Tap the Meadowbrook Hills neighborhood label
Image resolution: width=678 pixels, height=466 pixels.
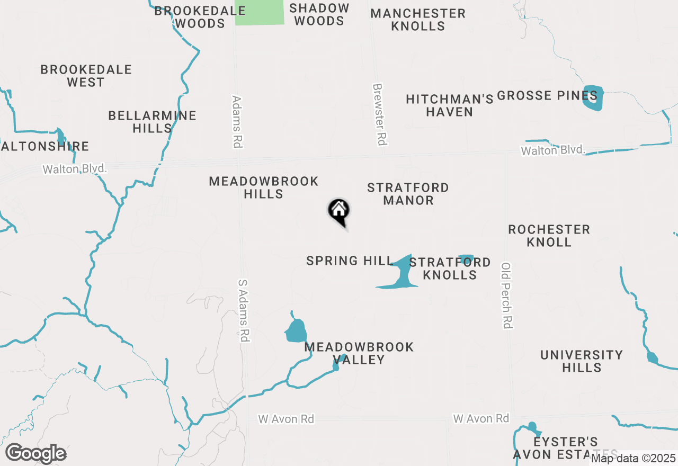pyautogui.click(x=264, y=188)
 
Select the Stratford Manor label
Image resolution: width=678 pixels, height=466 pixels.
pyautogui.click(x=408, y=194)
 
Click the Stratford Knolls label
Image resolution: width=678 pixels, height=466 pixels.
pyautogui.click(x=450, y=268)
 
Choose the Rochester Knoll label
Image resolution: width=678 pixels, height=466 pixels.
pyautogui.click(x=549, y=236)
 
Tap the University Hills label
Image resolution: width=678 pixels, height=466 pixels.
pyautogui.click(x=582, y=361)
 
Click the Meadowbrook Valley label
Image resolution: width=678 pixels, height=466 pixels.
pyautogui.click(x=359, y=353)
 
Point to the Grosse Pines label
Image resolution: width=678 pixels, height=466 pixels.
pyautogui.click(x=547, y=96)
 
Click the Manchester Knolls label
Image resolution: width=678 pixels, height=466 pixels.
pyautogui.click(x=418, y=20)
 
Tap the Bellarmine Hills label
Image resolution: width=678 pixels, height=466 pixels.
pyautogui.click(x=152, y=122)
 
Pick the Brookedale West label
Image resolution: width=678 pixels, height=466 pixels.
pyautogui.click(x=86, y=76)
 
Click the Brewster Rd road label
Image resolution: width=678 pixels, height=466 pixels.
pyautogui.click(x=380, y=114)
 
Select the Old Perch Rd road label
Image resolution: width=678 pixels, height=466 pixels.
pyautogui.click(x=507, y=295)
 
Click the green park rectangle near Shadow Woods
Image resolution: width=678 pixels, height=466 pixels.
pyautogui.click(x=260, y=12)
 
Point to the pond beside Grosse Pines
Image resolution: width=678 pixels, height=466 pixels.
pyautogui.click(x=593, y=97)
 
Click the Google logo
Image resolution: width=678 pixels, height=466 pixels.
pyautogui.click(x=35, y=454)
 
